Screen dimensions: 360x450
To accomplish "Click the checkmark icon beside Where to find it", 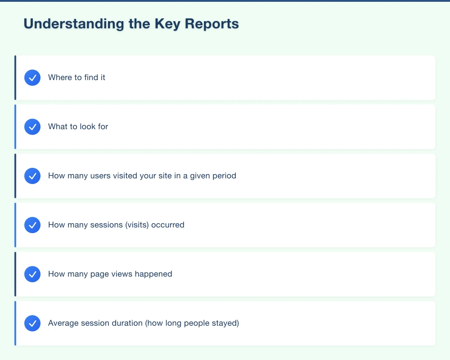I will [32, 78].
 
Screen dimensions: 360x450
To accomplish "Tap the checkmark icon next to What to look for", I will [32, 127].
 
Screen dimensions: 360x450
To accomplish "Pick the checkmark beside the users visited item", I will [32, 176].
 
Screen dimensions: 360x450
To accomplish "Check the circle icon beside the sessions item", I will [32, 225].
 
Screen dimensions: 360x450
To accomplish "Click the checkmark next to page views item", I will [32, 274].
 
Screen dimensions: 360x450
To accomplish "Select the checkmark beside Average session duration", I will [32, 323].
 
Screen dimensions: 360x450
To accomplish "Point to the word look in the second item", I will [88, 126].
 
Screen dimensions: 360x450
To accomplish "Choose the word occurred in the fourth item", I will [168, 225].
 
